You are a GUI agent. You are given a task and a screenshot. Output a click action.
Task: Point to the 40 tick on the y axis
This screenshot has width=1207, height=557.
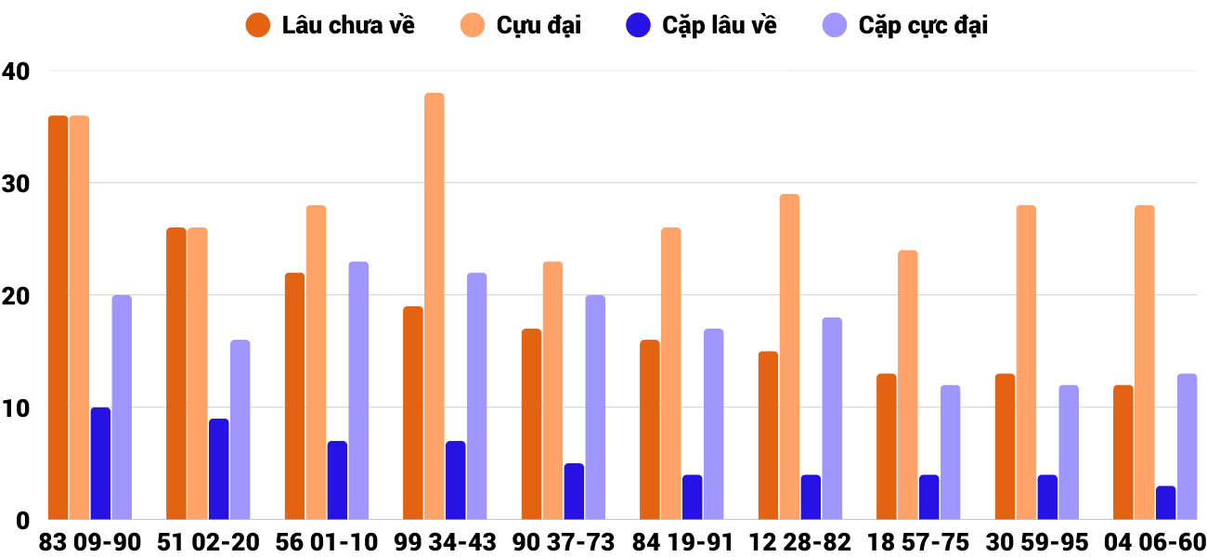pyautogui.click(x=16, y=71)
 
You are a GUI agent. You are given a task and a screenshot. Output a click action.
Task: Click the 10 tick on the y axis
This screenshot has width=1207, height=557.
pyautogui.click(x=16, y=408)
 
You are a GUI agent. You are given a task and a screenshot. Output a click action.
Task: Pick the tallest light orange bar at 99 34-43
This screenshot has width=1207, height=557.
pyautogui.click(x=434, y=306)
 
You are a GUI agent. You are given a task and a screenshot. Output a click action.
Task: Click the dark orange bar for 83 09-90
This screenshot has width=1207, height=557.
pyautogui.click(x=58, y=317)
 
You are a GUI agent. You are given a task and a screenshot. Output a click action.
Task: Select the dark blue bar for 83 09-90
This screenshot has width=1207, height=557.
pyautogui.click(x=100, y=463)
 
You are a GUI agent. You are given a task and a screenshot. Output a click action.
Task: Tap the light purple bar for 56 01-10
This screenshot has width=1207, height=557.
pyautogui.click(x=358, y=391)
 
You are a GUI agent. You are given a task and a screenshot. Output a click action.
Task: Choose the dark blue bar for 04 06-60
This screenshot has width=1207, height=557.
pyautogui.click(x=1165, y=502)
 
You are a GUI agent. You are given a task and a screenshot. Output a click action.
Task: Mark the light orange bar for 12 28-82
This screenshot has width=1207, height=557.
pyautogui.click(x=789, y=356)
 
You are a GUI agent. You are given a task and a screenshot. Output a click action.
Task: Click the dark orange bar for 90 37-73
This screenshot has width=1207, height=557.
pyautogui.click(x=531, y=424)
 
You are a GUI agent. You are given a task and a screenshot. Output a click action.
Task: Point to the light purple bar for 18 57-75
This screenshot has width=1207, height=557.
pyautogui.click(x=950, y=452)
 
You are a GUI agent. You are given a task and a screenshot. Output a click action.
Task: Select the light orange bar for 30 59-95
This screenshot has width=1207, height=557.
pyautogui.click(x=1026, y=362)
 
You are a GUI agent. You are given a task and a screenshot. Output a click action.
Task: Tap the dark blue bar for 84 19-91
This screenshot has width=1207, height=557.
pyautogui.click(x=692, y=497)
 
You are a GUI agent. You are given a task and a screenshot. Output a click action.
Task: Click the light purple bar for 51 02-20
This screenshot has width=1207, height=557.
pyautogui.click(x=240, y=430)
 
